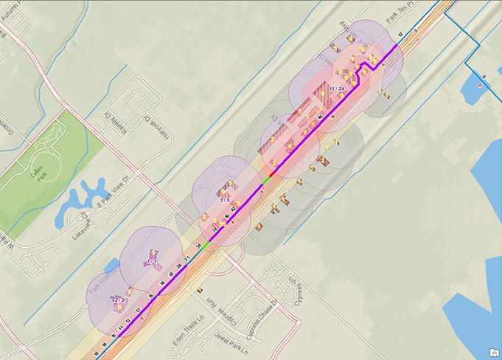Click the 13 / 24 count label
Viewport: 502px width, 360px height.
point(337,89)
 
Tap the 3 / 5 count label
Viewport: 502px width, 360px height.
point(225,200)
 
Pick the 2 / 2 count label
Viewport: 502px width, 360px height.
point(117,300)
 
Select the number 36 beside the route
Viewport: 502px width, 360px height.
point(198,246)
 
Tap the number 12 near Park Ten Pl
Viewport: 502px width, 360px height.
point(400,35)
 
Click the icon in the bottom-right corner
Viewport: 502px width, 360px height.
point(492,351)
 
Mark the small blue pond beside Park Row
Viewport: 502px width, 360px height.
point(112,264)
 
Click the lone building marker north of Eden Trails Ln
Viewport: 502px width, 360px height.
point(199,291)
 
